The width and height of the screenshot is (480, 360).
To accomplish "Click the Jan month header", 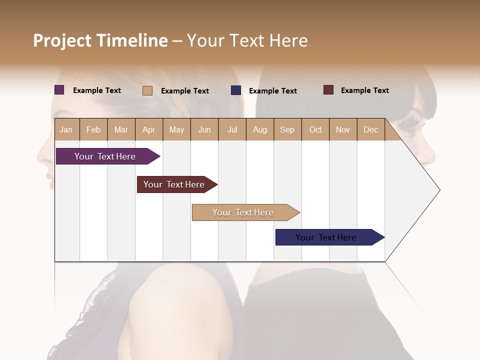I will (66, 129).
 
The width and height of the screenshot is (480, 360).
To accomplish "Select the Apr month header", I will (149, 129).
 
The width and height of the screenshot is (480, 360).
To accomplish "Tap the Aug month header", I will (260, 129).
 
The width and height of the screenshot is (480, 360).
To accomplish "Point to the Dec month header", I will (370, 129).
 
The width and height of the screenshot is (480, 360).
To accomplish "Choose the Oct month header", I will (315, 129).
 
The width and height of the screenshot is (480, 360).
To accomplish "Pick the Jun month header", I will (204, 129).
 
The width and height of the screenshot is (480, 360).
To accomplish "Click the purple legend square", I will (59, 90).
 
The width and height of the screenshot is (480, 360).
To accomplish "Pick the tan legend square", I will (147, 90).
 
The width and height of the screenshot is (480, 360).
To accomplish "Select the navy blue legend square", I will (236, 90).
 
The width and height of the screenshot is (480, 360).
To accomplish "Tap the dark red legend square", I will (328, 90).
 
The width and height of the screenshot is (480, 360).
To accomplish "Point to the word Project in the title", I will (62, 40).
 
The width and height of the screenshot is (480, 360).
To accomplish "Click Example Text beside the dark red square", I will (364, 90).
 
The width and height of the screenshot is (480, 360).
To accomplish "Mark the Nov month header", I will (343, 129).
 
